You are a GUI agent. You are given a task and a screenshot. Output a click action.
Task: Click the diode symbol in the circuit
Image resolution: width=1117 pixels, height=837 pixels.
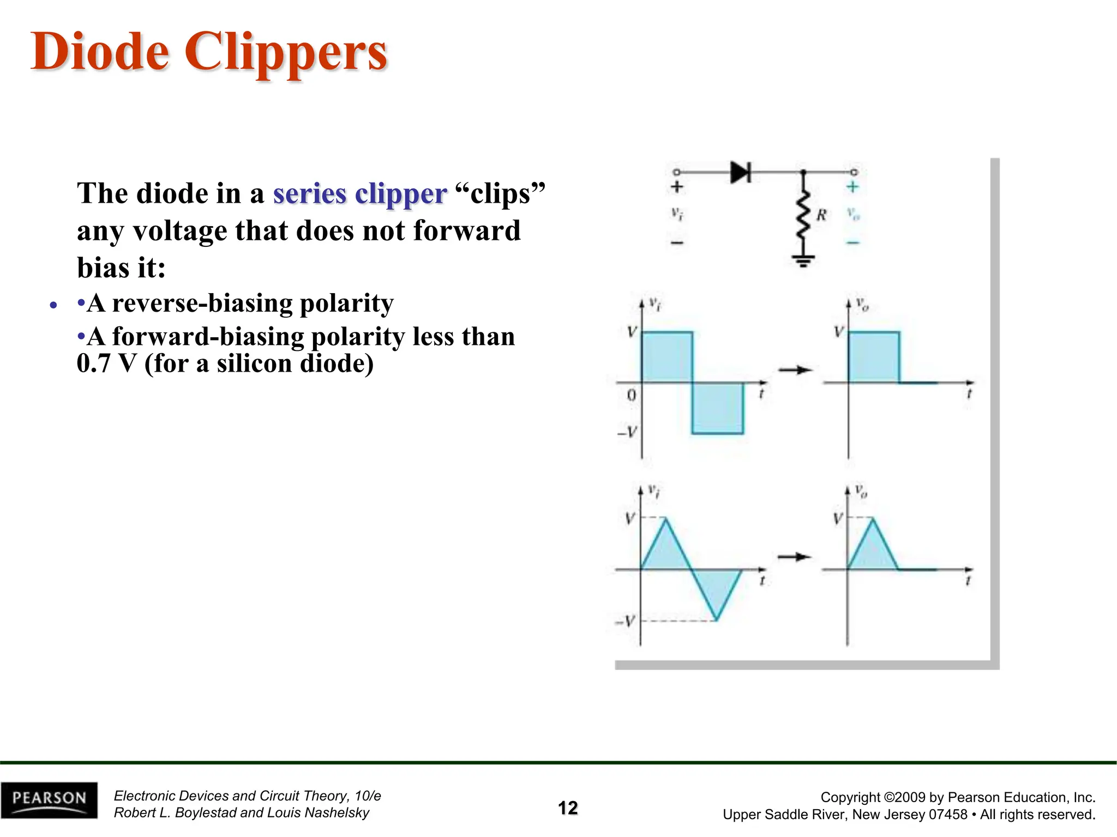point(741,172)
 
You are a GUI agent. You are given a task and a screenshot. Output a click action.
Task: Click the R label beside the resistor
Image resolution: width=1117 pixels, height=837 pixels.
point(821,215)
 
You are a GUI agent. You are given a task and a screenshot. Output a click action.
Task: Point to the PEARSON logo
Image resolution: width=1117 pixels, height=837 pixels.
point(49,800)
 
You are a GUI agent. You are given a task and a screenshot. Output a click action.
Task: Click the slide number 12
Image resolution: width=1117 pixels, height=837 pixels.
point(568,808)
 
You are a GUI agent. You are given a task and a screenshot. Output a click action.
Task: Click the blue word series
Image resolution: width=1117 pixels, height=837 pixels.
point(309,193)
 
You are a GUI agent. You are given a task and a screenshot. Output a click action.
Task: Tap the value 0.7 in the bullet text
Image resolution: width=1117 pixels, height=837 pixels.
point(94,363)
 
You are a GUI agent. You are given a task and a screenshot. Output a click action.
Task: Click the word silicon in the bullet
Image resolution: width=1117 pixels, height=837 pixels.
point(254,363)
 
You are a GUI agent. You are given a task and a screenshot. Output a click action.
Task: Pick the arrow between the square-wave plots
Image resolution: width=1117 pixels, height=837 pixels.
point(795,371)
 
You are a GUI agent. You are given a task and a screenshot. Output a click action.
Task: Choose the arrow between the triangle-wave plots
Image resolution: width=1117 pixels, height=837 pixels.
point(795,557)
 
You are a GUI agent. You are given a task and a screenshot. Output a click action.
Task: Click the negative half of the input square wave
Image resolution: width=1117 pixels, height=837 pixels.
point(718,409)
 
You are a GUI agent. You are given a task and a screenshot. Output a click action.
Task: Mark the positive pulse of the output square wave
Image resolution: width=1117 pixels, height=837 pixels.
point(874,357)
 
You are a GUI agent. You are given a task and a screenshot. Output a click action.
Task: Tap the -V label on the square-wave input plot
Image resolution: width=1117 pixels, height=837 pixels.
point(627,433)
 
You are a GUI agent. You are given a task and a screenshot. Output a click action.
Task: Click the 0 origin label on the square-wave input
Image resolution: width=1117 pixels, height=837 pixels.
point(632,395)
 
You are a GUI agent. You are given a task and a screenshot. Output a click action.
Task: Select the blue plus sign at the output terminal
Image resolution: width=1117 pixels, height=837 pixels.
point(852,187)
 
